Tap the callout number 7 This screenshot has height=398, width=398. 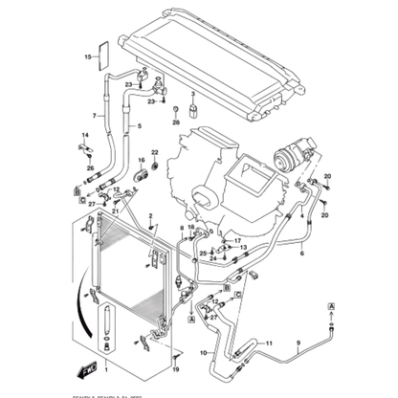coord(93,116)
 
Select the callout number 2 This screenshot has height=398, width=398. coord(149,215)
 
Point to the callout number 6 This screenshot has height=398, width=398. coord(301,254)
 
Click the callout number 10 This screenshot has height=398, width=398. coord(202,353)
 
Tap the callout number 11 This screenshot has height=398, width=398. coord(270,342)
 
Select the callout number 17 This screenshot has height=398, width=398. coord(237,242)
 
